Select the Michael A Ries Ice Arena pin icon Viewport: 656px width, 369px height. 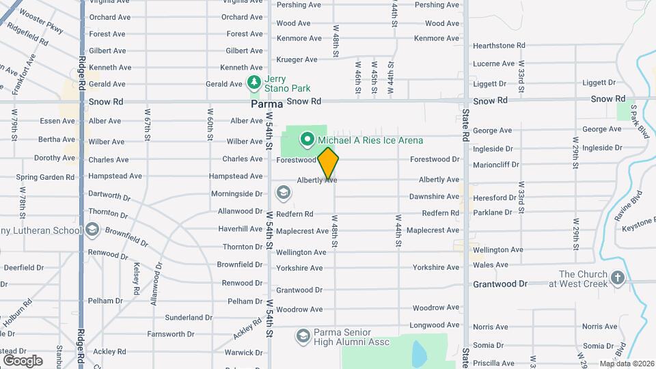pyautogui.click(x=307, y=140)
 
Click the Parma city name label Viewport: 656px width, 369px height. pyautogui.click(x=266, y=105)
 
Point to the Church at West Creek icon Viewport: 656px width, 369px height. pyautogui.click(x=618, y=278)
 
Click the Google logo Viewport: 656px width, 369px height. pyautogui.click(x=23, y=360)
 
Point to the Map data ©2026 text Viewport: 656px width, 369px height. pyautogui.click(x=627, y=364)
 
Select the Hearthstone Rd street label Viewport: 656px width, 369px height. pyautogui.click(x=499, y=46)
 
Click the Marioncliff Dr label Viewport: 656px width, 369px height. pyautogui.click(x=496, y=165)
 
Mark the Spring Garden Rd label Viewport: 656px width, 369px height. pyautogui.click(x=45, y=177)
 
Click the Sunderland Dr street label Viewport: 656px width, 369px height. pyautogui.click(x=189, y=318)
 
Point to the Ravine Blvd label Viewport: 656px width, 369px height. pyautogui.click(x=628, y=205)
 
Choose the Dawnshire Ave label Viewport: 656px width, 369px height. pyautogui.click(x=434, y=197)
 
